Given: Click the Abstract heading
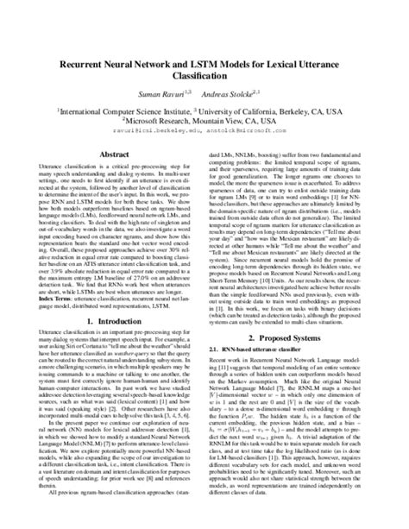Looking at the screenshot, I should coord(114,152).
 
